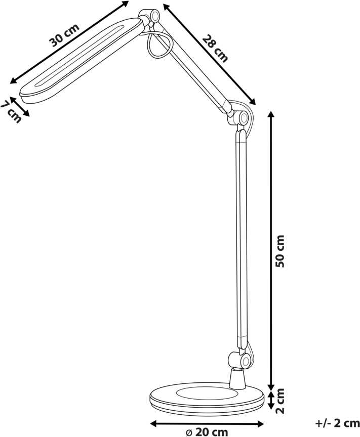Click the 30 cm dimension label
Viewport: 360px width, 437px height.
point(64,35)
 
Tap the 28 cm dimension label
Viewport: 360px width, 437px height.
point(215,48)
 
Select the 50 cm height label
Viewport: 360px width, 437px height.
point(279,251)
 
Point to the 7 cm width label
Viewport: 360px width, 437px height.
point(11,111)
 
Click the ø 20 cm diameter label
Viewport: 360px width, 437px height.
point(207,432)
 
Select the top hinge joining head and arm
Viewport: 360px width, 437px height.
point(151,17)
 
